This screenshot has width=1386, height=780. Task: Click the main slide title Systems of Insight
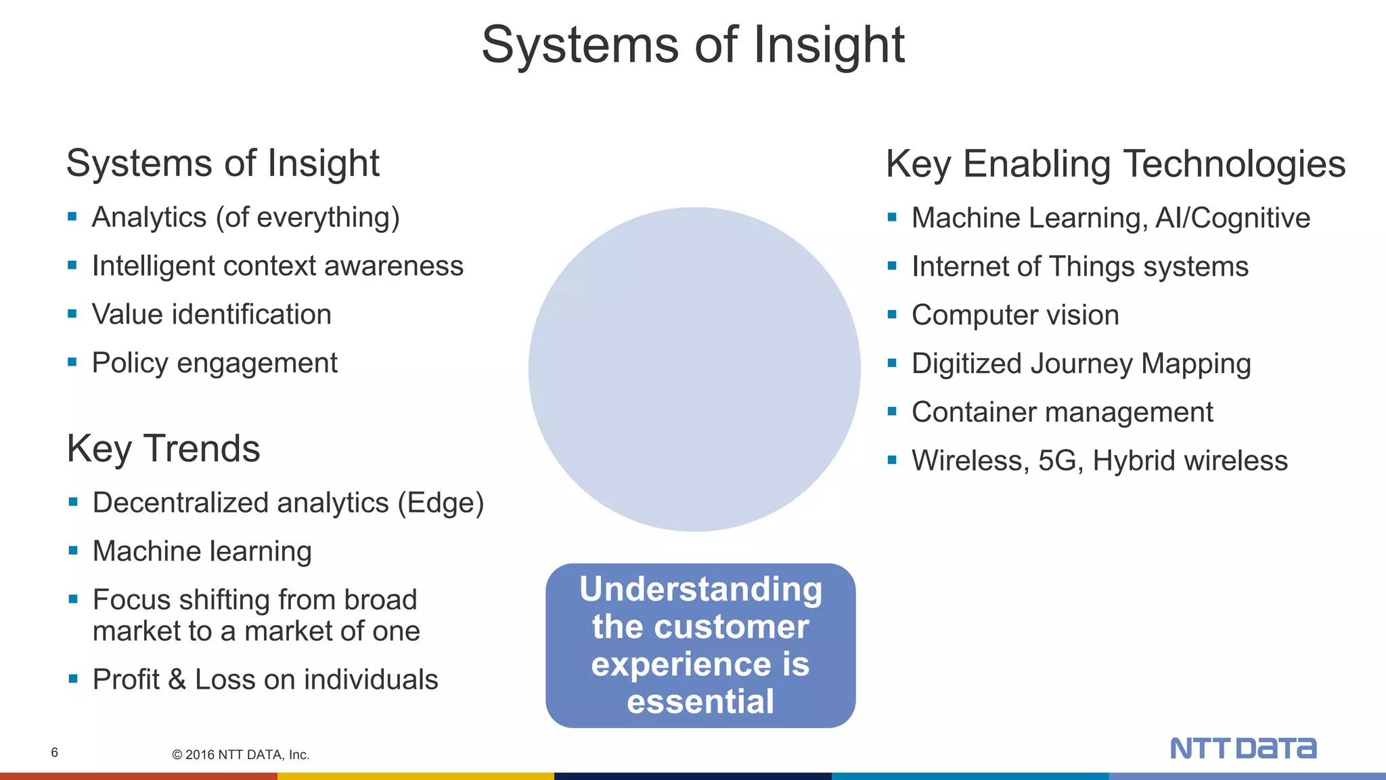(x=692, y=45)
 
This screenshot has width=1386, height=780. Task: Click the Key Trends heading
(x=163, y=449)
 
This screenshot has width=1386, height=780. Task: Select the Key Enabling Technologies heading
(x=1115, y=164)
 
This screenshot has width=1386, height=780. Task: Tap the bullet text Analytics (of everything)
(x=246, y=218)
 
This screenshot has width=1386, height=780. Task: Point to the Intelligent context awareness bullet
(x=277, y=266)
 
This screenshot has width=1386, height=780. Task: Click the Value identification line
(x=211, y=315)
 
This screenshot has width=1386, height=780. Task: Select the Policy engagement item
(x=214, y=364)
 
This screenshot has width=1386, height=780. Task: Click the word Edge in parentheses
(x=441, y=503)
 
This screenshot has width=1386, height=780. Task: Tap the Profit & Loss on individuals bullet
(x=265, y=680)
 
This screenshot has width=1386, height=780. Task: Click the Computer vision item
(x=1014, y=316)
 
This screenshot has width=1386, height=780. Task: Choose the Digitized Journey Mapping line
(x=1081, y=364)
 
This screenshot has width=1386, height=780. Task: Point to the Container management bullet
(x=1062, y=412)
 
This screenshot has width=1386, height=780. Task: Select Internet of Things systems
(x=1079, y=267)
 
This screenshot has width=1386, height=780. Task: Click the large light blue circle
(x=694, y=369)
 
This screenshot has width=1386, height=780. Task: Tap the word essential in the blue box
(x=700, y=701)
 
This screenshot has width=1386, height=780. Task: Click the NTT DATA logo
(x=1243, y=748)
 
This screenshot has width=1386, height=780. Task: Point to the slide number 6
(x=55, y=753)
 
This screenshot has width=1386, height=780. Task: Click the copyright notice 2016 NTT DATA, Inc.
(x=241, y=755)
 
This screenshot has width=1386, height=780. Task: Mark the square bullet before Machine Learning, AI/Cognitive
(x=892, y=217)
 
